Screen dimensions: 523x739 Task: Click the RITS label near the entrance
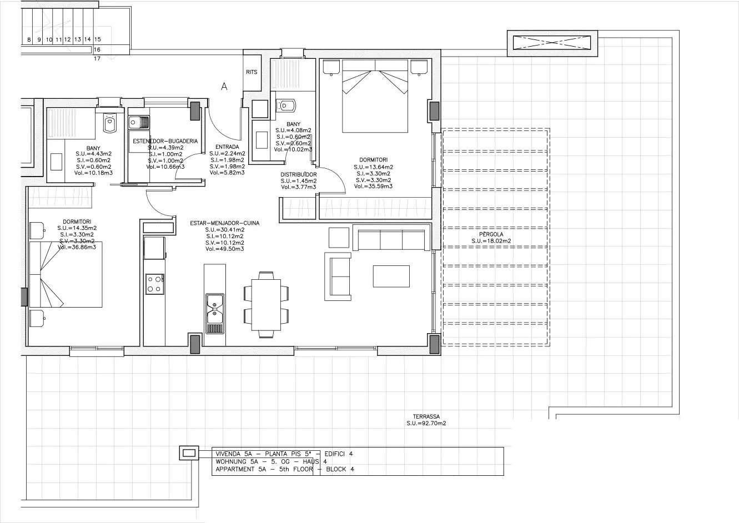[x=252, y=72]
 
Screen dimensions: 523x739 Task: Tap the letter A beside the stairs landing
[x=224, y=87]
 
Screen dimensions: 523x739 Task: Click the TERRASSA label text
[x=426, y=416]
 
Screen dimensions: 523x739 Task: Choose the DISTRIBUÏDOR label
[x=299, y=174]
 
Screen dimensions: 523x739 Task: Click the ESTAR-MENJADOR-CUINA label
[x=224, y=223]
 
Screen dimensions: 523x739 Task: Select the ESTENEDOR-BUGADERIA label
[x=165, y=142]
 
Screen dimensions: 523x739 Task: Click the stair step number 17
[x=97, y=58]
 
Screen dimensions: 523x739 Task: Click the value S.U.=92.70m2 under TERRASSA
[x=426, y=423]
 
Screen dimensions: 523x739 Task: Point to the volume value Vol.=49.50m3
[x=224, y=249]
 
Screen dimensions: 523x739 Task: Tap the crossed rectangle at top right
[x=552, y=43]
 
